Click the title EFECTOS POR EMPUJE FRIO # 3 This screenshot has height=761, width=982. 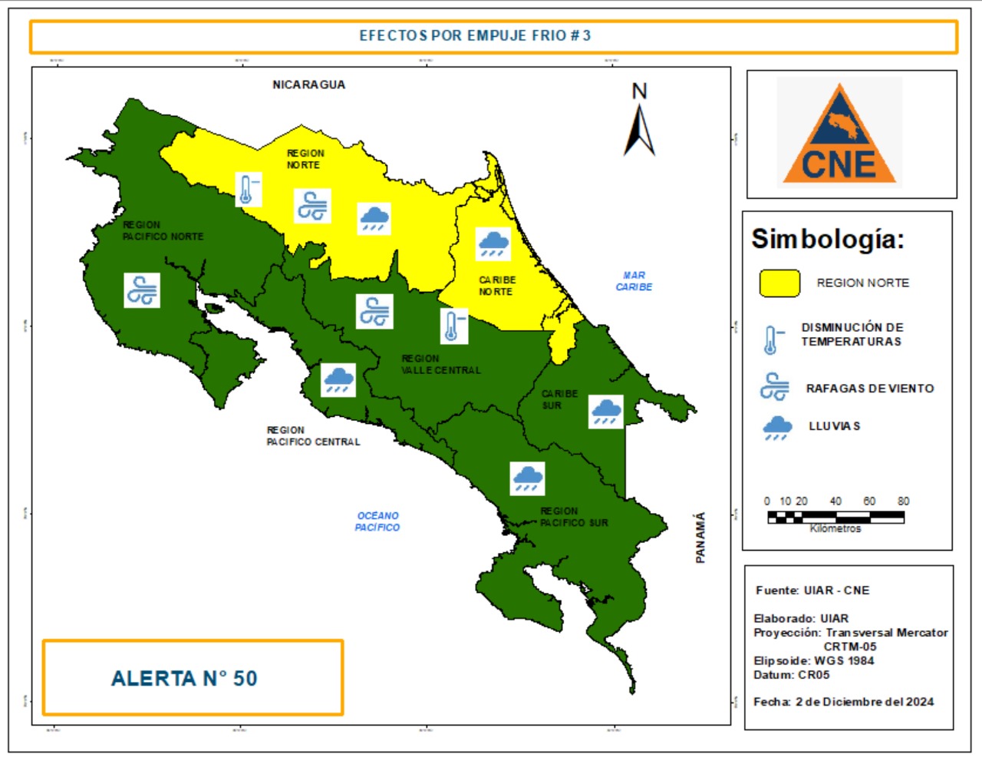tap(475, 35)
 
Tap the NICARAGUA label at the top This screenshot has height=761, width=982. tap(308, 84)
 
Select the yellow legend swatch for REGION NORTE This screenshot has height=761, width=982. tap(779, 283)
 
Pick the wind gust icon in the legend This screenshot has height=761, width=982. tap(774, 387)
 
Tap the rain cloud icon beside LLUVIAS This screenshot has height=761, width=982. tap(777, 428)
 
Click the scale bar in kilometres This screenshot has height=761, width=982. tap(835, 518)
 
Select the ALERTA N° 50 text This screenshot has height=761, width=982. tap(184, 679)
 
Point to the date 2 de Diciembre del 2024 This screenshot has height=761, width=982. tap(865, 701)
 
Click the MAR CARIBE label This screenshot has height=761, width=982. tap(634, 281)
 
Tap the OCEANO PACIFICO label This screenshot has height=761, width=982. tap(377, 521)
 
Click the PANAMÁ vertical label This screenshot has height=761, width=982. tap(700, 538)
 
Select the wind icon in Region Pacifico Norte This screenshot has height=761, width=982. tap(142, 290)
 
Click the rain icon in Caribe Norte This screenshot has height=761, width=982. tap(493, 243)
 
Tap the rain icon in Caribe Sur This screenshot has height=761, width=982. tap(606, 412)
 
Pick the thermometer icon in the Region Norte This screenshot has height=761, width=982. tap(248, 189)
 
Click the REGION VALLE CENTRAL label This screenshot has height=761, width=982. tap(440, 364)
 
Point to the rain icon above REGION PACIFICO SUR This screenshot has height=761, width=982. tap(528, 478)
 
